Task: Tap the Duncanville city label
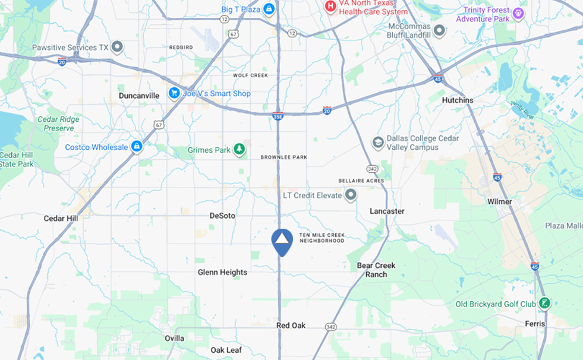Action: click(x=139, y=95)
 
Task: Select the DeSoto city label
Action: click(x=223, y=216)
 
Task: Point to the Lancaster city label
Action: click(x=387, y=211)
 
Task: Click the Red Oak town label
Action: click(x=291, y=325)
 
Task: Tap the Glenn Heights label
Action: click(x=222, y=272)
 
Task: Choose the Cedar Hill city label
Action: click(x=61, y=218)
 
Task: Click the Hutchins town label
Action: click(x=458, y=100)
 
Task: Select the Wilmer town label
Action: click(x=499, y=201)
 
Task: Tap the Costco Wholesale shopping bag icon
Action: click(x=137, y=146)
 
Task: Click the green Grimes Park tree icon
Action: click(x=239, y=149)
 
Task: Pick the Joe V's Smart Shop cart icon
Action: click(x=174, y=93)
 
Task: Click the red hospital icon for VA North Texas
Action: click(x=330, y=7)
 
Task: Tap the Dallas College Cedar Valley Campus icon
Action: click(x=378, y=143)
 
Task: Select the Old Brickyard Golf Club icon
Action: click(x=544, y=304)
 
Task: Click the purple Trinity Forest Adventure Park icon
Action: click(x=518, y=14)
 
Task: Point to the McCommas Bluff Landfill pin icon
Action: click(x=439, y=30)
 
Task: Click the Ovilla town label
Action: click(x=174, y=338)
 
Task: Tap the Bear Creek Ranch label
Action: click(x=376, y=270)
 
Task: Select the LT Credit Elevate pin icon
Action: click(x=351, y=195)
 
